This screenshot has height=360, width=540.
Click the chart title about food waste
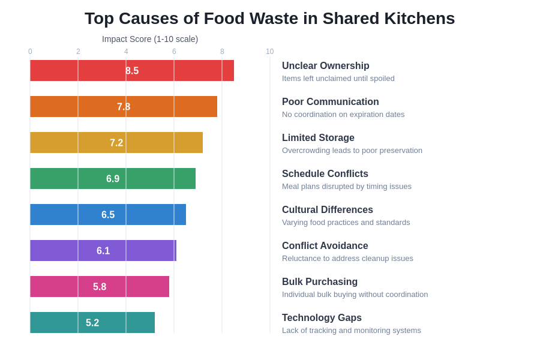pos(269,19)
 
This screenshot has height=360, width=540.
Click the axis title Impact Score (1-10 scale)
pos(150,39)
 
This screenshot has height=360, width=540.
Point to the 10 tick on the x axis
pos(269,52)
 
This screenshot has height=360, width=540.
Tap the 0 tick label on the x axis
pos(30,52)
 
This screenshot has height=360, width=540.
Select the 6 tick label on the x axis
pos(174,52)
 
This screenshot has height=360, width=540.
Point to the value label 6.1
pos(103,251)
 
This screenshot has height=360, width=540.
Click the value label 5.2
pos(92,323)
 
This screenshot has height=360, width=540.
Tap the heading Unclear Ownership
pos(326,66)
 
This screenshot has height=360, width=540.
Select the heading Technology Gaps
pos(322,318)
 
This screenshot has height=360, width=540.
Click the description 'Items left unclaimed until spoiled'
pos(338,79)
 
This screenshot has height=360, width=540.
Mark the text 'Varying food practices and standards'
pos(346,223)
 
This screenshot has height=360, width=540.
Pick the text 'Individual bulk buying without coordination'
pos(355,295)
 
